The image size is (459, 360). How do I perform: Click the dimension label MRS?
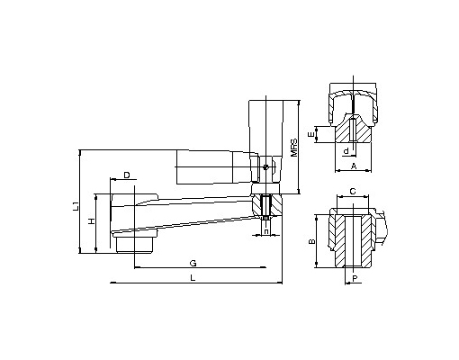[294, 148]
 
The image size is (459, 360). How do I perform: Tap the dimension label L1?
[76, 206]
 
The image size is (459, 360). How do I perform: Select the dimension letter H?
[92, 221]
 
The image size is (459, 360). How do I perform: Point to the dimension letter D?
[127, 175]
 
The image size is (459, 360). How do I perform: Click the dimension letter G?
[193, 264]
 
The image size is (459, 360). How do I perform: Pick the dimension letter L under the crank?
[193, 278]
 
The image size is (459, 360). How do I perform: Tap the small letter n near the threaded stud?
[266, 231]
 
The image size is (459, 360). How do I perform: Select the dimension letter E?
[312, 134]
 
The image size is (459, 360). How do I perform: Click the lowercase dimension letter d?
[346, 151]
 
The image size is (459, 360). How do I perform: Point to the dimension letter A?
[354, 166]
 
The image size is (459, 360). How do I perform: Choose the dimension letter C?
[353, 191]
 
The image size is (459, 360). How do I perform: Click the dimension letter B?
[312, 241]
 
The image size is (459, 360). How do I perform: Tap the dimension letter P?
[355, 279]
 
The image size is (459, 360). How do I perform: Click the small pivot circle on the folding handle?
[265, 167]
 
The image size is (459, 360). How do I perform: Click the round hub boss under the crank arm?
[135, 243]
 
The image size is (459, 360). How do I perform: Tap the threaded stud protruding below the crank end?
[266, 222]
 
